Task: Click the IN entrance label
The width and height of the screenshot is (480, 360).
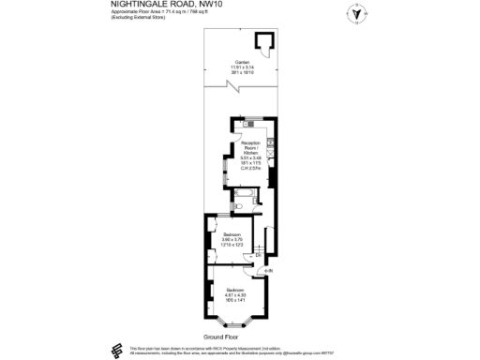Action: [268, 271]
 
